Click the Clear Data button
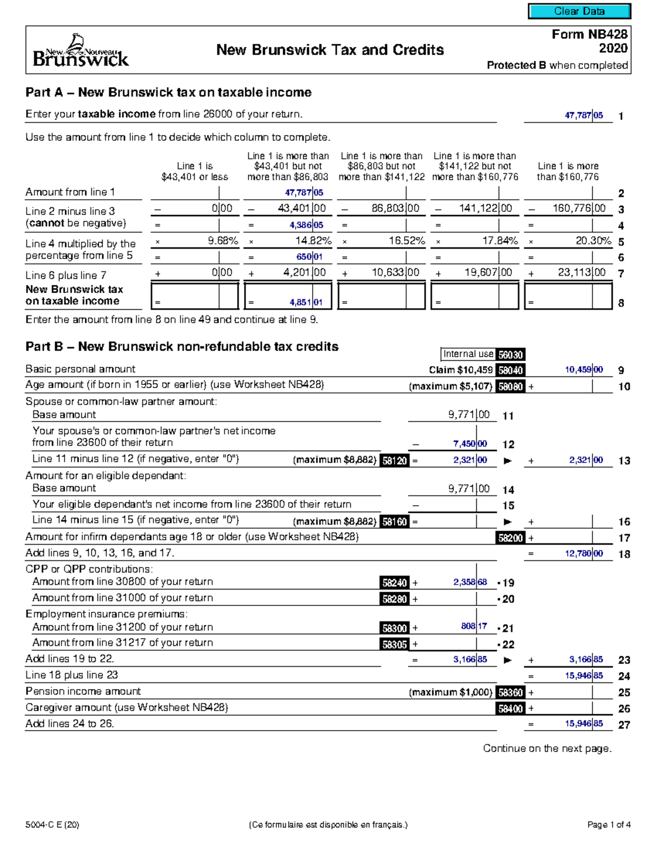pyautogui.click(x=579, y=11)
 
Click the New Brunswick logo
pyautogui.click(x=80, y=50)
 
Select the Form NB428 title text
pyautogui.click(x=589, y=34)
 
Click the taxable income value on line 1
pyautogui.click(x=584, y=115)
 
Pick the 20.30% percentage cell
pyautogui.click(x=593, y=241)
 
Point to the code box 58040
pyautogui.click(x=510, y=371)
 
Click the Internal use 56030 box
pyautogui.click(x=483, y=355)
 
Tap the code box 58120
pyautogui.click(x=395, y=461)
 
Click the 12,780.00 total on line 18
pyautogui.click(x=584, y=554)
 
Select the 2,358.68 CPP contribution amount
pyautogui.click(x=470, y=582)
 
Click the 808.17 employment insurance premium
pyautogui.click(x=474, y=627)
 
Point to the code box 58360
pyautogui.click(x=510, y=692)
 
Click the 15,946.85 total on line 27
pyautogui.click(x=584, y=724)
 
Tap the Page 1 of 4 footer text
pyautogui.click(x=609, y=825)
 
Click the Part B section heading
pyautogui.click(x=182, y=346)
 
